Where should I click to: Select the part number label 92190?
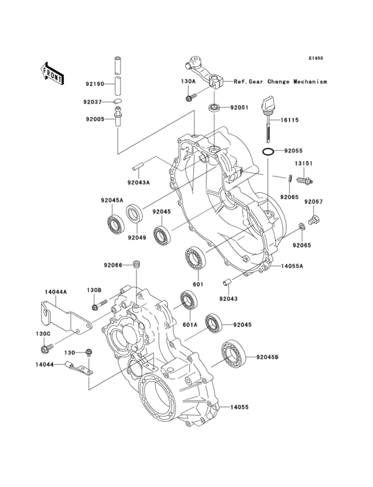point(94,84)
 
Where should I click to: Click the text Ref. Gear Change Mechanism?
point(280,81)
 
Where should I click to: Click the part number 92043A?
point(139,180)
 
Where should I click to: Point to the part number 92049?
point(137,238)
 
